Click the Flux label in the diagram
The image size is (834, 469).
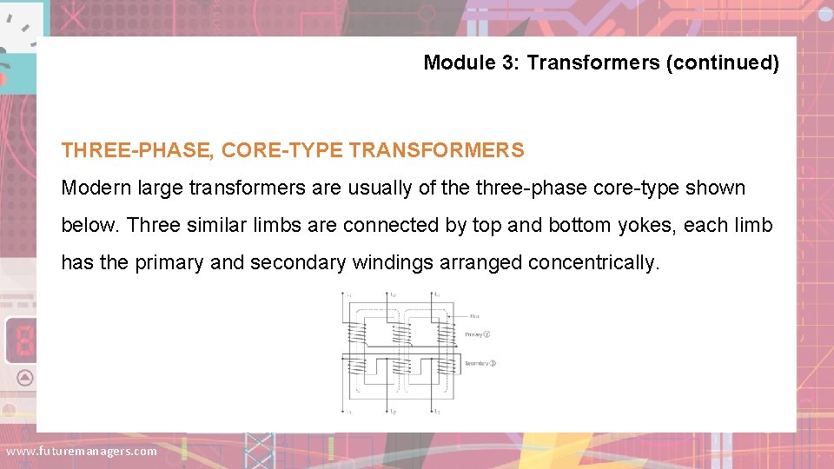point(473,316)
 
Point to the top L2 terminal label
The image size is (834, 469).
point(393,295)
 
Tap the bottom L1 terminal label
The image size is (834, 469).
point(348,411)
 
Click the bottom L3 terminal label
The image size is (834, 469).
point(437,411)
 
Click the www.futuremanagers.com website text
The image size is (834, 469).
point(81,451)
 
